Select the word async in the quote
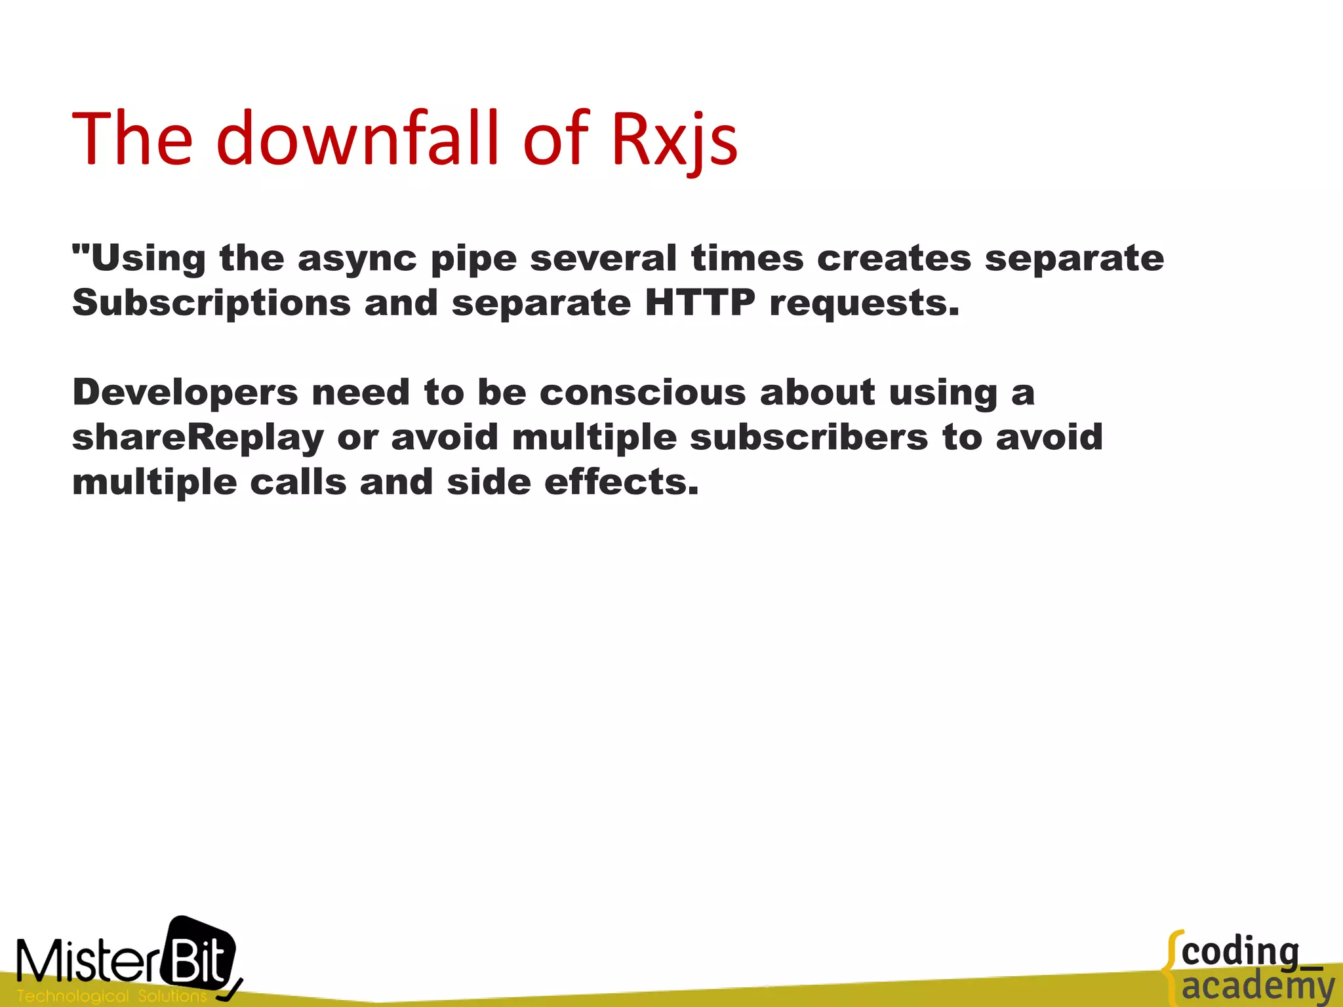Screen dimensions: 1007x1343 [357, 259]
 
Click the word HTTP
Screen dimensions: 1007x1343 [700, 303]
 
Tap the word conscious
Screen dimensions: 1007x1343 [643, 392]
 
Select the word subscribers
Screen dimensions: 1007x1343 [809, 437]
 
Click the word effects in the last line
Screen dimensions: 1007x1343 [621, 482]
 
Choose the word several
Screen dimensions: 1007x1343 [603, 258]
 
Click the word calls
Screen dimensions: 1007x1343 [298, 482]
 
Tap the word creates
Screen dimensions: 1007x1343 [894, 258]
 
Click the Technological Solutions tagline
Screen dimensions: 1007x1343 [111, 996]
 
